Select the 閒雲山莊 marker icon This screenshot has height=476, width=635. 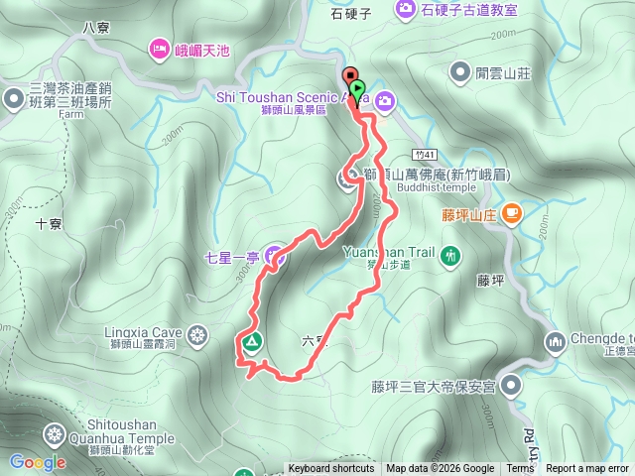coord(459,71)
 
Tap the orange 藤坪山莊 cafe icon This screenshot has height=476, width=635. coord(512,211)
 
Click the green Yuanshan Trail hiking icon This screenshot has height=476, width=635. coord(451,258)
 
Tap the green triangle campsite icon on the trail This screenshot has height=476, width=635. coord(251,344)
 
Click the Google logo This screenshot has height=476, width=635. coord(38,462)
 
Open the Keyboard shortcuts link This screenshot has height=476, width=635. coord(331,469)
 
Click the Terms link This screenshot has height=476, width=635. coord(520,469)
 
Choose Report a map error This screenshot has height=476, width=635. coord(588,469)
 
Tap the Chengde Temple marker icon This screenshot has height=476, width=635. coord(555,343)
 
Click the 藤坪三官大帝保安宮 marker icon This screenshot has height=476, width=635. coord(511,385)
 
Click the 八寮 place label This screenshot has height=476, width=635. coord(95,27)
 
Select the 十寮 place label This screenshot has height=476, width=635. coord(49,223)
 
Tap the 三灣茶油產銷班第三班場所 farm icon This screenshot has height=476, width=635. coord(13,98)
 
